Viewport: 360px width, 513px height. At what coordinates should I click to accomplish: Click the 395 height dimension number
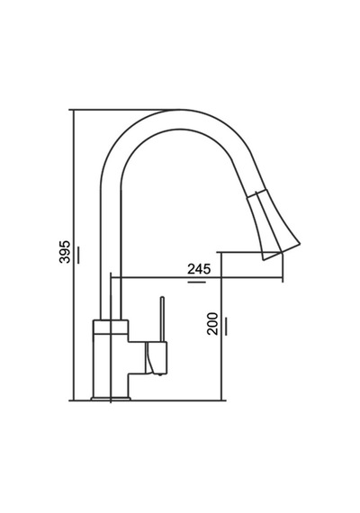[65, 252]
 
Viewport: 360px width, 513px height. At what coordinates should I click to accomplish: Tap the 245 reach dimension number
[199, 269]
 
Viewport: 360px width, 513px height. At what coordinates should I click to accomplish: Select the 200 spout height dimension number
[212, 324]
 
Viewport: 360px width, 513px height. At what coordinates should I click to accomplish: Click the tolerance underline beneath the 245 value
[197, 282]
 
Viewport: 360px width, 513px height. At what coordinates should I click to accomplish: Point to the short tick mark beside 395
[78, 254]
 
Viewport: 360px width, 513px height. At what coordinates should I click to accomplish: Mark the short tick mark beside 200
[226, 326]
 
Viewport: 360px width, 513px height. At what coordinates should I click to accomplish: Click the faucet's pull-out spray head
[274, 225]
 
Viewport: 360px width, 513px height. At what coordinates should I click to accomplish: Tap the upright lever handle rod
[162, 319]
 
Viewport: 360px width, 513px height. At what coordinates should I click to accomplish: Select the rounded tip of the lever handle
[162, 298]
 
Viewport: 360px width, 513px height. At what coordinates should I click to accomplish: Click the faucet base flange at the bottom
[111, 398]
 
